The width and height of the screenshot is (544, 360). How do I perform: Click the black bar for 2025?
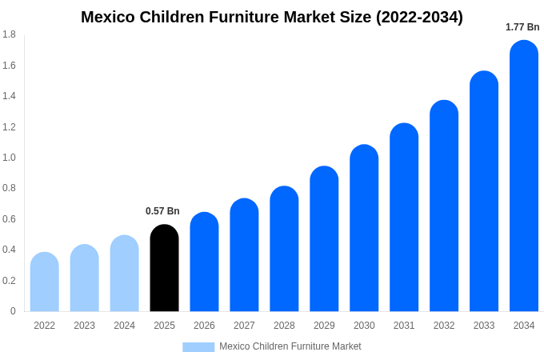point(164,268)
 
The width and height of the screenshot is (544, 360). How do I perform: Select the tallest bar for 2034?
point(524,176)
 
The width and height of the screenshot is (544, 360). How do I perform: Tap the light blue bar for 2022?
point(45,282)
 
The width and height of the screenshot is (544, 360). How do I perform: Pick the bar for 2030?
point(364,228)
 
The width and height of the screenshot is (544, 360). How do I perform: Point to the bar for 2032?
point(444,206)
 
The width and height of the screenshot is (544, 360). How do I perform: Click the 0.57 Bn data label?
point(162,211)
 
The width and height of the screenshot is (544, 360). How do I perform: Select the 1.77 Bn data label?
point(522,27)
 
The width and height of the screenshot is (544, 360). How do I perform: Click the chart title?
point(272,17)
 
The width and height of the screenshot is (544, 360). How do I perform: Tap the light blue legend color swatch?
point(198,347)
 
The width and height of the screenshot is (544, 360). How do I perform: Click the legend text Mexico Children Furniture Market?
point(290,346)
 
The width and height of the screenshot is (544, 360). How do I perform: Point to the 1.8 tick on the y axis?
point(9,34)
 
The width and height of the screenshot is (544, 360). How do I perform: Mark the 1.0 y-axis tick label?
point(9,158)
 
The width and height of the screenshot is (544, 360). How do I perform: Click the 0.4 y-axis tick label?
point(9,250)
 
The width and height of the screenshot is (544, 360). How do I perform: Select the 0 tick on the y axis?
point(13,311)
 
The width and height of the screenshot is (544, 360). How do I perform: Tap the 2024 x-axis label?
point(124,326)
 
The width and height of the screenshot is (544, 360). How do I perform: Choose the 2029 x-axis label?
point(324,326)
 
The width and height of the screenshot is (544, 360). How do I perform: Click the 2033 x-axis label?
point(484,326)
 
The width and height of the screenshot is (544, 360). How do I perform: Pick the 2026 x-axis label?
point(204,326)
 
